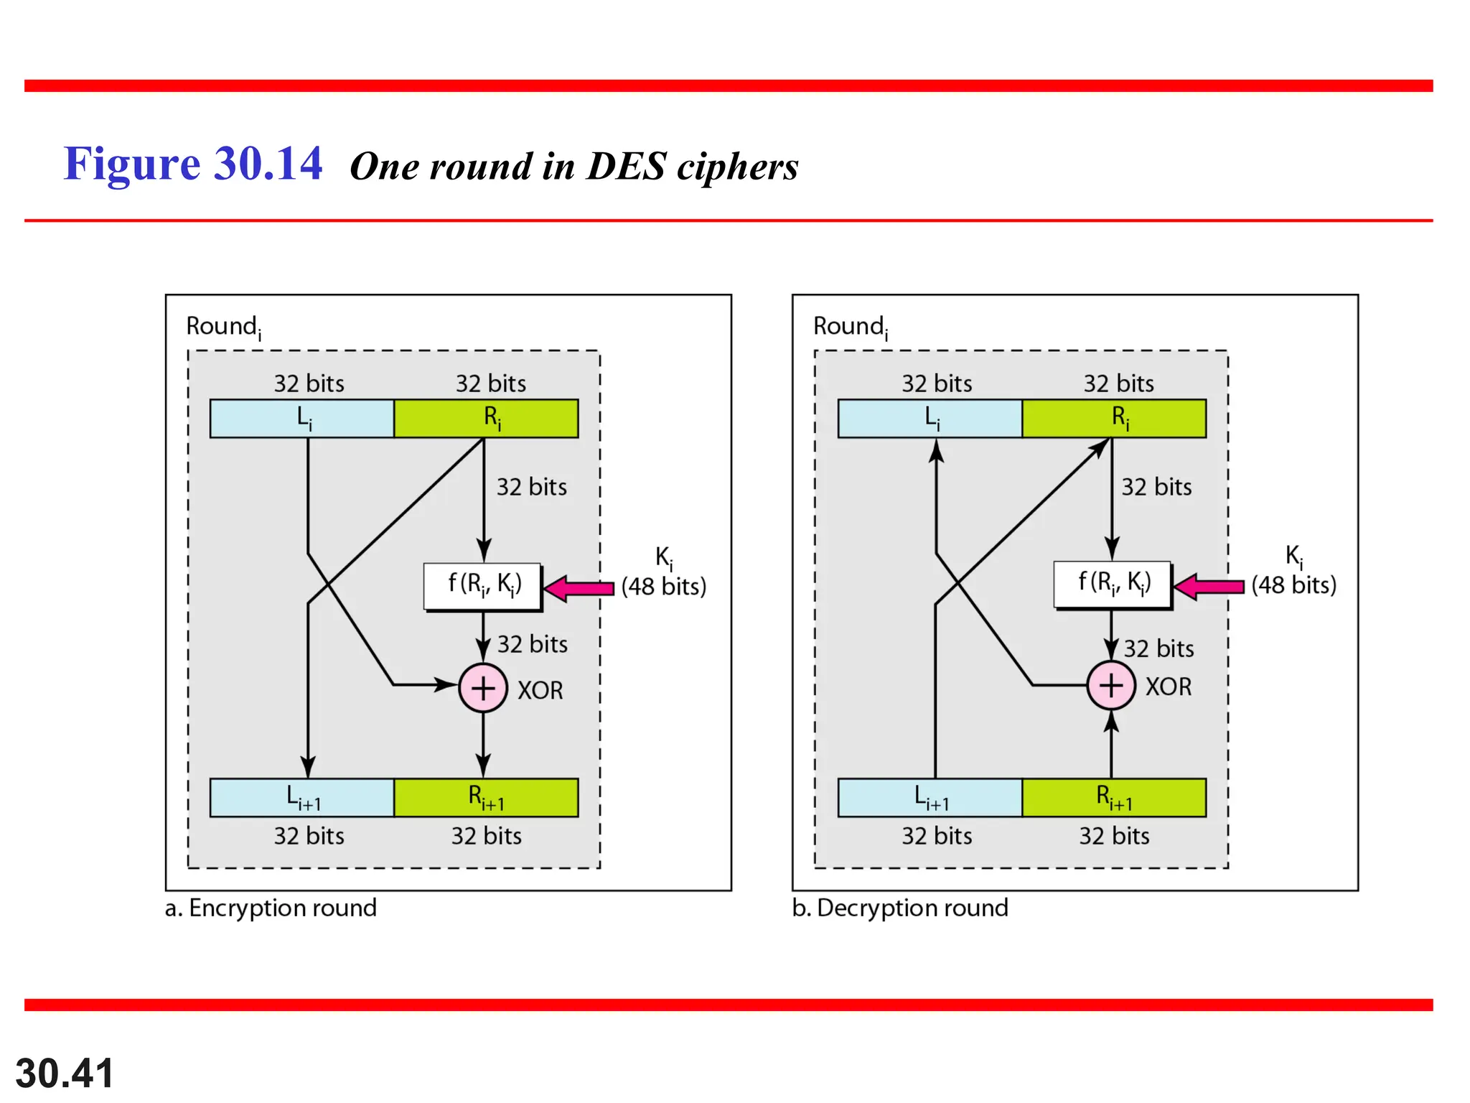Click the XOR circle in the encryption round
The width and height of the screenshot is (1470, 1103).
pyautogui.click(x=483, y=688)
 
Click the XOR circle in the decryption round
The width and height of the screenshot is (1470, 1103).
pyautogui.click(x=1111, y=686)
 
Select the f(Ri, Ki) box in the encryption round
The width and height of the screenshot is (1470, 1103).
pyautogui.click(x=482, y=586)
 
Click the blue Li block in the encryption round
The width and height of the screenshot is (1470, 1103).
pyautogui.click(x=302, y=419)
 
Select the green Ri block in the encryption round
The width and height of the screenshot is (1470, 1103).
pyautogui.click(x=487, y=419)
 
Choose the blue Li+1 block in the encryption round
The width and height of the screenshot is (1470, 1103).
pyautogui.click(x=302, y=798)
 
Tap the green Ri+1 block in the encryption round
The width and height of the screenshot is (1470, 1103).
pyautogui.click(x=487, y=798)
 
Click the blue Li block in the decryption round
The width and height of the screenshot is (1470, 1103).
pyautogui.click(x=930, y=419)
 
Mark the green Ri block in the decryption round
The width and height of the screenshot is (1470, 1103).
pyautogui.click(x=1114, y=419)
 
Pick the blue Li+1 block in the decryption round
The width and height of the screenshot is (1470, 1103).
pyautogui.click(x=930, y=798)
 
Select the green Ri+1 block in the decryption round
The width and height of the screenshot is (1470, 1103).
pyautogui.click(x=1114, y=798)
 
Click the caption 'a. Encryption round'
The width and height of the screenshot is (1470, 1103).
pyautogui.click(x=271, y=908)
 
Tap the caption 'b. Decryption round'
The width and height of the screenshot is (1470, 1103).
pyautogui.click(x=900, y=908)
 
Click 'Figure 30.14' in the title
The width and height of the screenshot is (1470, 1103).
pyautogui.click(x=193, y=164)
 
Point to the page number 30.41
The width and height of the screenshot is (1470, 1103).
pyautogui.click(x=65, y=1074)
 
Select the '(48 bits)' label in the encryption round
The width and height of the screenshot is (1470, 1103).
pyautogui.click(x=664, y=587)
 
